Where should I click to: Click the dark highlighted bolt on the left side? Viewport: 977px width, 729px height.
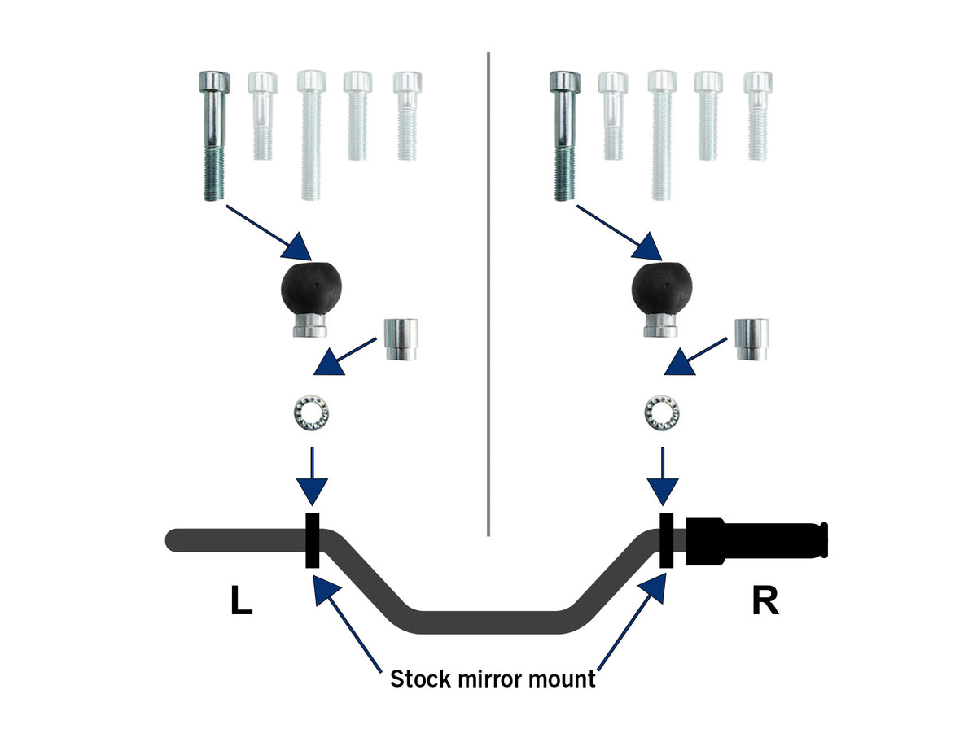213,136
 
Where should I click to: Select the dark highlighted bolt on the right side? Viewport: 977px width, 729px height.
564,136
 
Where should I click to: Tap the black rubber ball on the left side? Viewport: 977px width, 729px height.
310,288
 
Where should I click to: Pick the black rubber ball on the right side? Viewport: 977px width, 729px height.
661,288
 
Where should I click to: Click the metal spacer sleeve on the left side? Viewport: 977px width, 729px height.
401,339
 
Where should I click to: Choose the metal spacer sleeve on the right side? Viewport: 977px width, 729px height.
751,339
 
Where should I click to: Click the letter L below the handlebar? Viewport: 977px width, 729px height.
242,600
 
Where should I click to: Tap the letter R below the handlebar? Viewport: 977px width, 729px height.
765,600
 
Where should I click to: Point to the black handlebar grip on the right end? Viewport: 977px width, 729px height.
756,541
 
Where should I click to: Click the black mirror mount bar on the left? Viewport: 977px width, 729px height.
312,540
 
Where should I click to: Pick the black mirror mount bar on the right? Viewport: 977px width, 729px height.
666,540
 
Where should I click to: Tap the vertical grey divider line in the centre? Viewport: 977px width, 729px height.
488,294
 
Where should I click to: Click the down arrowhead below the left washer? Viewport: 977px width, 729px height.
312,492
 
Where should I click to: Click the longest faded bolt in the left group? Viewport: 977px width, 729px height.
311,135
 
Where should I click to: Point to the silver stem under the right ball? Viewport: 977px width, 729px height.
661,325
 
